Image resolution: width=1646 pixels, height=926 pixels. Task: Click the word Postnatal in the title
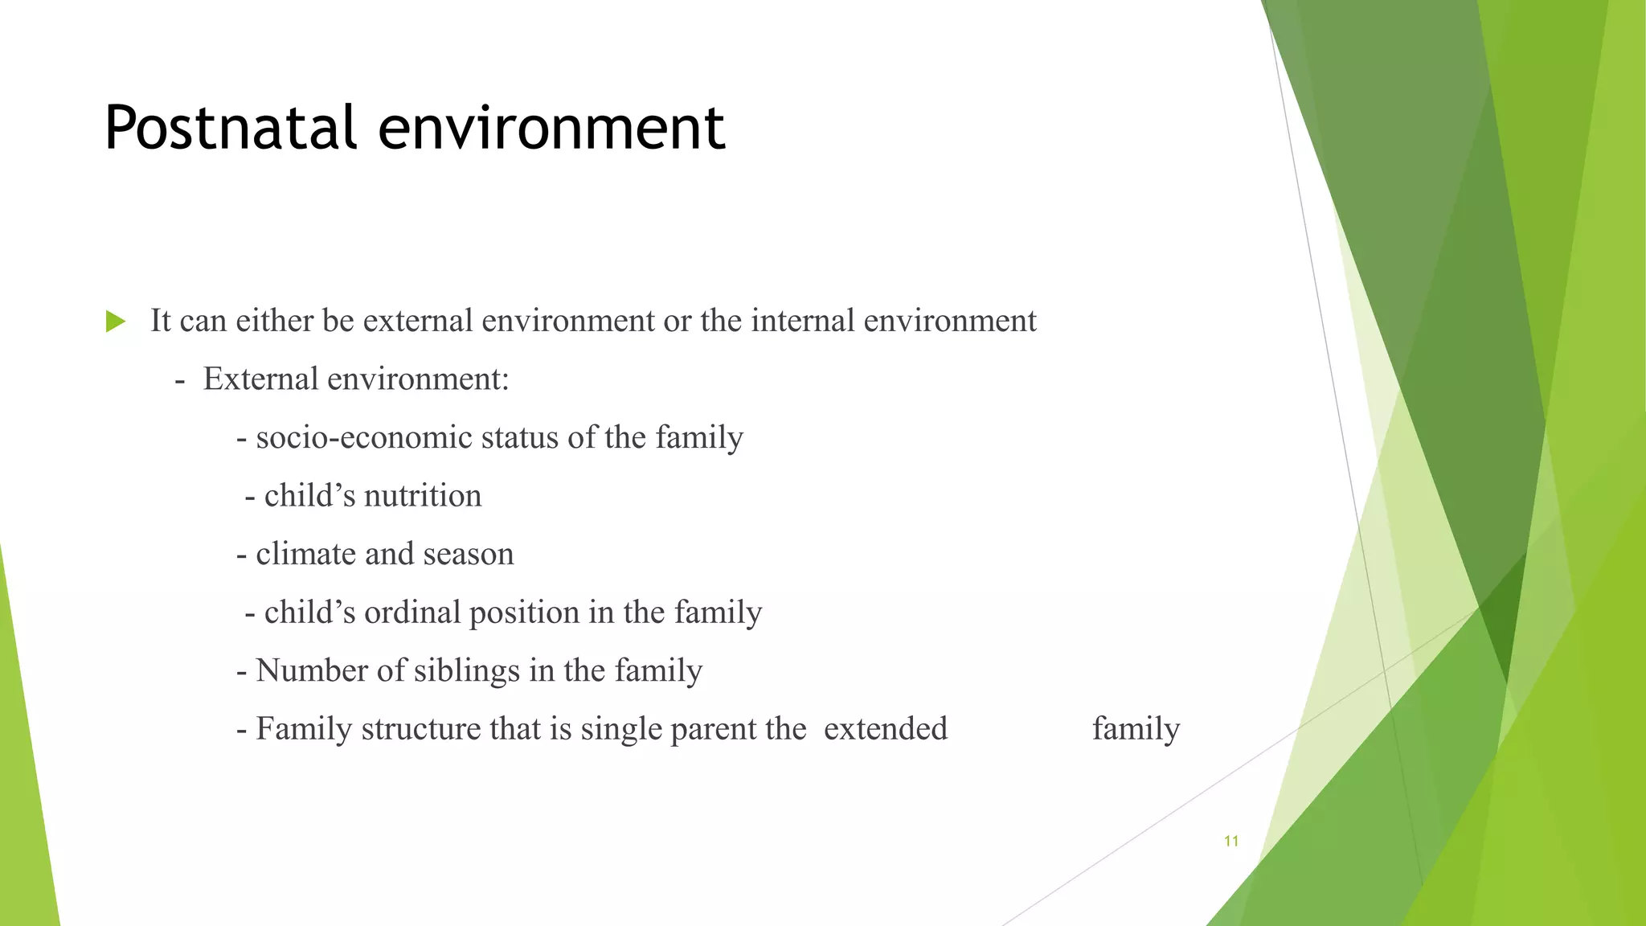[x=230, y=129]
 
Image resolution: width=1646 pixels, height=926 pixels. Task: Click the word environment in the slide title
[x=551, y=129]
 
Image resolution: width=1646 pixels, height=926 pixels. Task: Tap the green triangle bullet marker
[x=116, y=322]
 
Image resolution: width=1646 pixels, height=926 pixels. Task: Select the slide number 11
[x=1230, y=842]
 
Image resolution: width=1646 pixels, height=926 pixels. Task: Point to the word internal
[x=802, y=321]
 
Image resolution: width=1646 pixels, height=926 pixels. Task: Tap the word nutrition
[x=423, y=496]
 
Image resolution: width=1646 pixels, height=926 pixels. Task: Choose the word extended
[x=885, y=729]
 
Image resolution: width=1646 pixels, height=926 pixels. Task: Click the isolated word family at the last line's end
[x=1136, y=729]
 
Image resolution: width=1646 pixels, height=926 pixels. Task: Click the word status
[x=520, y=438]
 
